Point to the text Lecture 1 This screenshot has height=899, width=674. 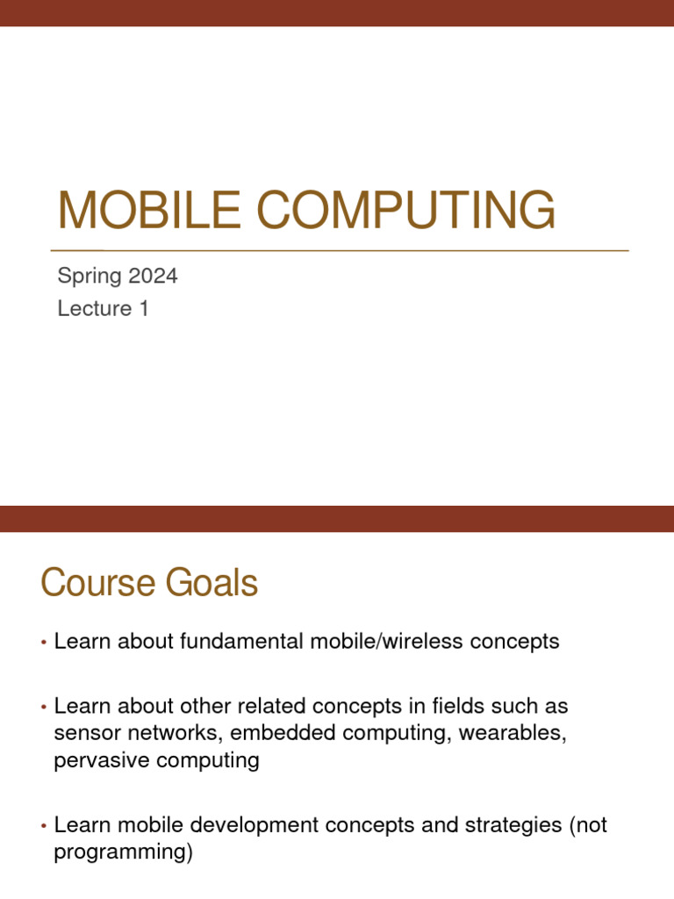(x=103, y=309)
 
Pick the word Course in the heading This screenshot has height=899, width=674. (x=95, y=584)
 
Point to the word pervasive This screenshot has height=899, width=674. (x=103, y=760)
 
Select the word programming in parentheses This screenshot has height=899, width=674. (x=120, y=852)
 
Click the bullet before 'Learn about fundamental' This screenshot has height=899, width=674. (x=43, y=644)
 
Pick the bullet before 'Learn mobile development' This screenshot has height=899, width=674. (x=43, y=827)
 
